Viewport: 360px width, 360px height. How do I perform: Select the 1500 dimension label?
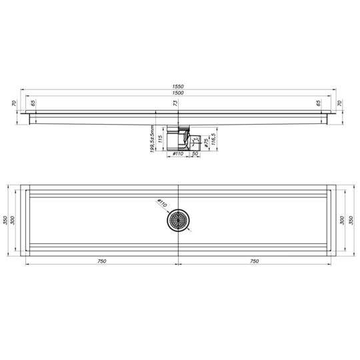pyautogui.click(x=178, y=94)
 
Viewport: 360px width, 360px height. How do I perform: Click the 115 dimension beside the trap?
pyautogui.click(x=161, y=141)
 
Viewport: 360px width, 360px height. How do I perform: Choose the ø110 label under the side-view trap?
pyautogui.click(x=179, y=155)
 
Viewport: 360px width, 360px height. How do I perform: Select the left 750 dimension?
pyautogui.click(x=102, y=261)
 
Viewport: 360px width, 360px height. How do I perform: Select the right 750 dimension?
pyautogui.click(x=253, y=261)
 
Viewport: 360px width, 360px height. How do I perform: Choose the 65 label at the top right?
pyautogui.click(x=319, y=103)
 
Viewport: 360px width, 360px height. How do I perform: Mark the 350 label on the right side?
pyautogui.click(x=351, y=220)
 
